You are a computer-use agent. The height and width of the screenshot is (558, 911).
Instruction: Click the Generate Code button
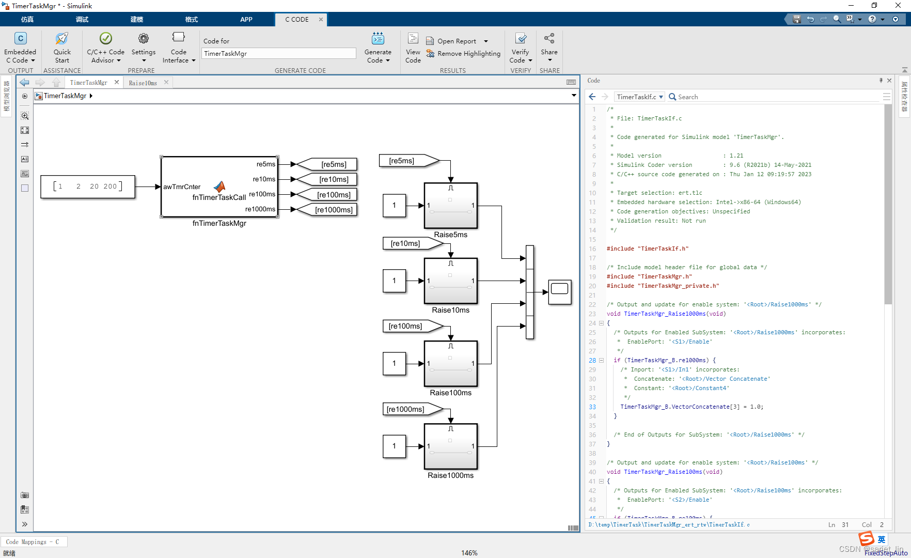click(378, 48)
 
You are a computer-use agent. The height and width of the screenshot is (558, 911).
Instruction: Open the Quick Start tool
click(62, 48)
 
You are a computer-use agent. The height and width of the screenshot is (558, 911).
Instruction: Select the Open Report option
click(457, 41)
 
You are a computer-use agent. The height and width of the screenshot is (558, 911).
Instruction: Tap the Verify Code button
click(521, 48)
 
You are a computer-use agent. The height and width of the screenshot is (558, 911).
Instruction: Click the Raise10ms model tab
click(143, 83)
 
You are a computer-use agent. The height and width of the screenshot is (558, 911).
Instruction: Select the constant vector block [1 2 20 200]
click(88, 187)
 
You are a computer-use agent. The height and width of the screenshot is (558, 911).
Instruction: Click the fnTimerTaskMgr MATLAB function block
click(219, 187)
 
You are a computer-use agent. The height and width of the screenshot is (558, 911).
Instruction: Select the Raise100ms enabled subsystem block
click(450, 363)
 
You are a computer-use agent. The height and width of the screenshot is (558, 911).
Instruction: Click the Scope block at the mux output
click(559, 292)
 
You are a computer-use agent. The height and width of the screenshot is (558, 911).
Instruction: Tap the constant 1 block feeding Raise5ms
click(394, 206)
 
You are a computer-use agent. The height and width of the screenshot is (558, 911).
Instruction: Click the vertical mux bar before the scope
click(529, 292)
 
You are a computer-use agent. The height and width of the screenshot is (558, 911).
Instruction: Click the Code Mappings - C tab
click(33, 542)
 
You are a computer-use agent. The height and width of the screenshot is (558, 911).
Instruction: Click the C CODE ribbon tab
click(297, 19)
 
